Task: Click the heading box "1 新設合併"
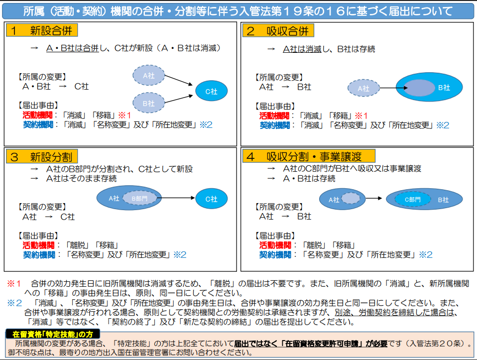(41, 31)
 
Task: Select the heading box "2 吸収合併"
(278, 31)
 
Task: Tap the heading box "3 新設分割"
(41, 157)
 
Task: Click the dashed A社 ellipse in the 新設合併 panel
(148, 76)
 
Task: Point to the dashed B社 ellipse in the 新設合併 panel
(148, 103)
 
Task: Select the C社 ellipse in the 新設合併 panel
(212, 91)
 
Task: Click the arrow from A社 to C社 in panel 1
(178, 82)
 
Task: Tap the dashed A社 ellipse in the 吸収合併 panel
(364, 89)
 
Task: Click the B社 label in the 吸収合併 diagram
(444, 88)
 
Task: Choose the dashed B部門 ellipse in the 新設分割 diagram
(140, 198)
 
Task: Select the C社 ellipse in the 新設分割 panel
(212, 199)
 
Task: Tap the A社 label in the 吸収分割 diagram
(334, 200)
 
